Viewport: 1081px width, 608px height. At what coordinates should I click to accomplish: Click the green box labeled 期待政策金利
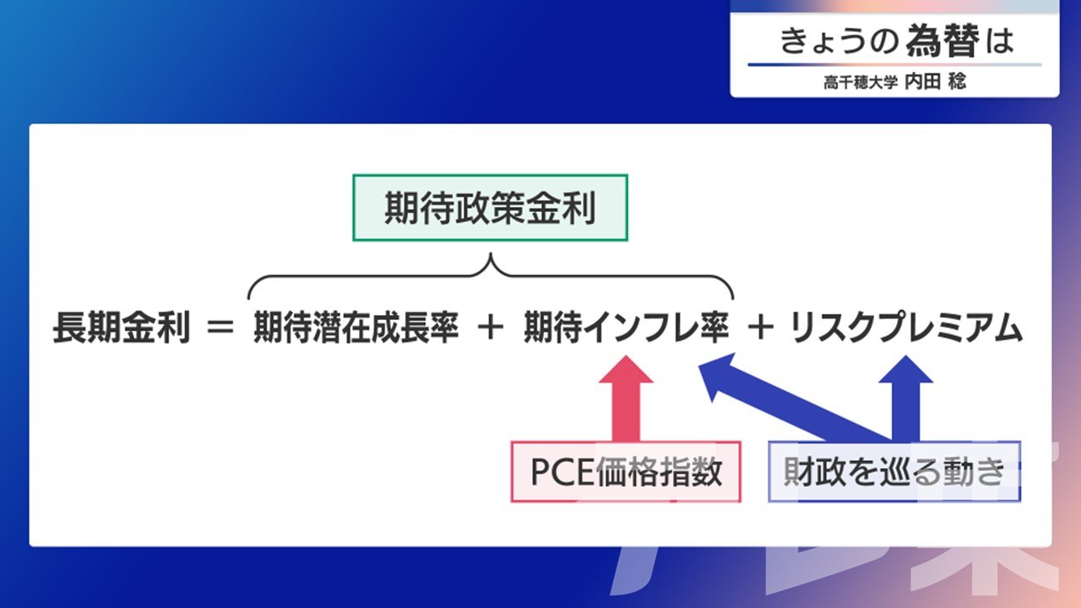(490, 208)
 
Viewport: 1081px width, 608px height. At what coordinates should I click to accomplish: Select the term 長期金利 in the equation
(121, 329)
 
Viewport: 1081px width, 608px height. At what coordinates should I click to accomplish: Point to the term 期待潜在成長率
(355, 329)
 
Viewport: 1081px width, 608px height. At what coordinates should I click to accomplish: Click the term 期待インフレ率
(625, 329)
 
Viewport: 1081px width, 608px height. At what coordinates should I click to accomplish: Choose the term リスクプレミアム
(906, 329)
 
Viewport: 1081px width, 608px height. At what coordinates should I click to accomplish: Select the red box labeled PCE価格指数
(626, 472)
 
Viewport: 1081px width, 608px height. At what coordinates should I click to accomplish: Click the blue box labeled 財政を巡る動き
(894, 472)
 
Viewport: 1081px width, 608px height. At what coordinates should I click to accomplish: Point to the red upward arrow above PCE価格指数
(626, 397)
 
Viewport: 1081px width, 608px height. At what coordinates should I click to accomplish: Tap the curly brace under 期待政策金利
(490, 274)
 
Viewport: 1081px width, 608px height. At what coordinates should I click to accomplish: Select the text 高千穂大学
(861, 84)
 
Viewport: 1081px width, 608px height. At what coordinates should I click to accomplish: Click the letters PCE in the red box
(558, 472)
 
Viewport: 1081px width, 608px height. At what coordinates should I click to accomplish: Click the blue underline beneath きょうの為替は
(894, 65)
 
